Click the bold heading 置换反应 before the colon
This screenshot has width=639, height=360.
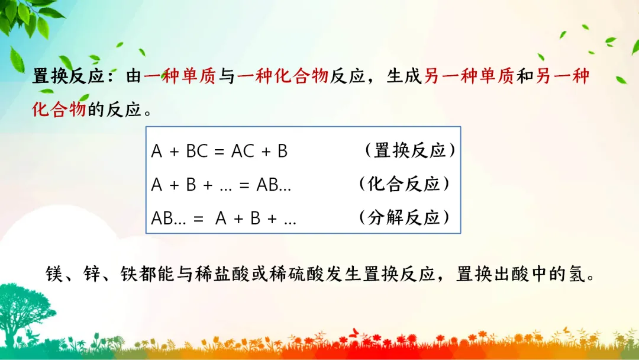coord(69,76)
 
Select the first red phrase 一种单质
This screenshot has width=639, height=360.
coord(179,76)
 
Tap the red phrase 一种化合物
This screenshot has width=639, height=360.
coord(282,76)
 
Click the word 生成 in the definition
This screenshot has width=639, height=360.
coord(404,76)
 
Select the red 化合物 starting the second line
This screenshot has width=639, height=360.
coord(59,110)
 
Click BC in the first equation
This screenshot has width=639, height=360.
coord(197,151)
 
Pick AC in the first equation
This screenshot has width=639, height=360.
coord(243,151)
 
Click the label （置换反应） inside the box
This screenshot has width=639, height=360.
coord(410,150)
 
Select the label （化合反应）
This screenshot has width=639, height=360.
coord(404,184)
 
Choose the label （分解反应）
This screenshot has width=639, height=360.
coord(404,217)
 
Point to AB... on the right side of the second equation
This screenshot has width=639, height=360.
coord(273,185)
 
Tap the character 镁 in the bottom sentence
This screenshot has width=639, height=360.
coord(54,274)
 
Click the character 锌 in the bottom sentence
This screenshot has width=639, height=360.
coord(92,274)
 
